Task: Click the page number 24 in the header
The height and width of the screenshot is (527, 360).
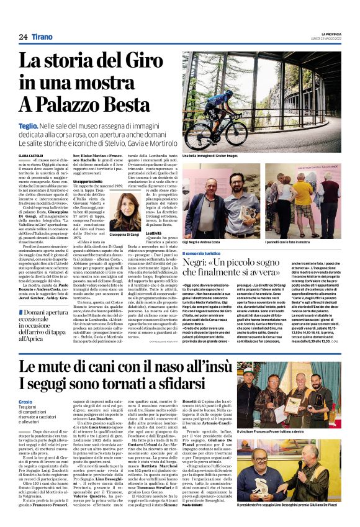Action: coord(23,37)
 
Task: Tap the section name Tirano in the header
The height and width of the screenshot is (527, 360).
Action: coord(42,37)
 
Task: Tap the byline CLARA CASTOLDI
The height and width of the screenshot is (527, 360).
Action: coord(32,156)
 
